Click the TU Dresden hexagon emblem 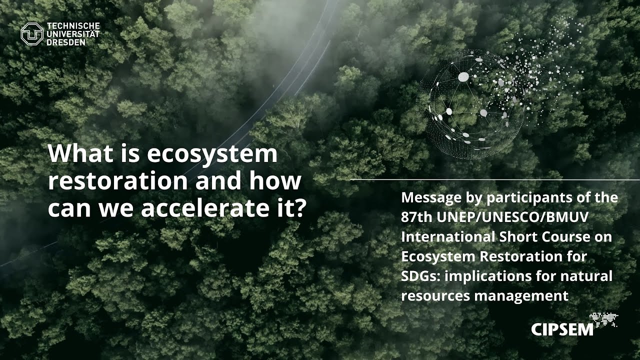click(x=32, y=34)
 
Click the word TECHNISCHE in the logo click(x=73, y=26)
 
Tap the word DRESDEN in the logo click(x=66, y=42)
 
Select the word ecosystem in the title click(x=212, y=153)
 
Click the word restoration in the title click(x=118, y=181)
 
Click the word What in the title click(x=79, y=153)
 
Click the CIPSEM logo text click(x=562, y=329)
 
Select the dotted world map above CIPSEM click(x=603, y=319)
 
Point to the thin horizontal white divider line click(x=495, y=179)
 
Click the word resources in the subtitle click(x=435, y=295)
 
